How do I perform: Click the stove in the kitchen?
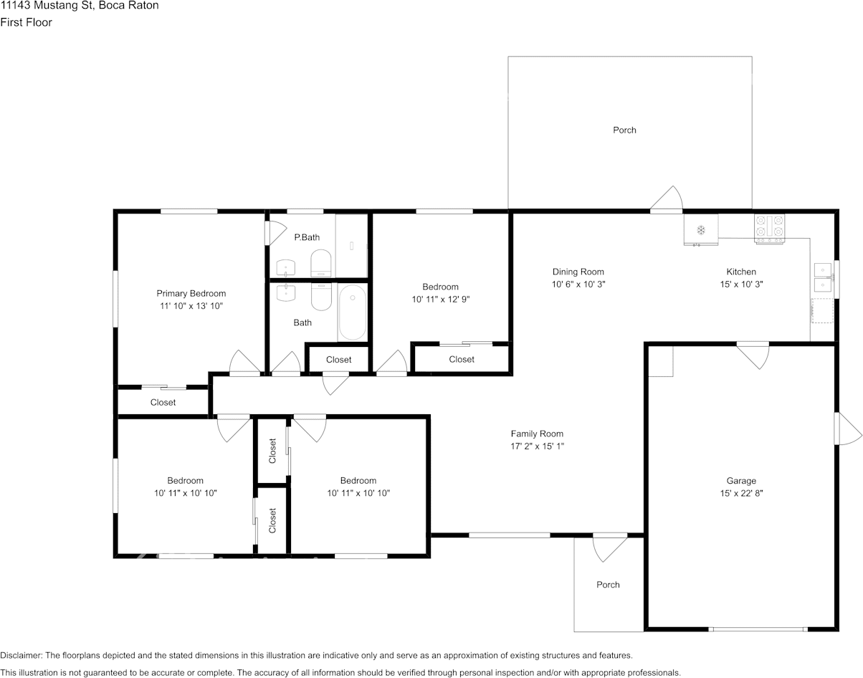770,229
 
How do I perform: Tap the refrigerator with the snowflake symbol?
701,230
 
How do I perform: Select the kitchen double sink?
823,277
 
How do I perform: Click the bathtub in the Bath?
352,312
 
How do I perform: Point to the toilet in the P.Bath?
321,263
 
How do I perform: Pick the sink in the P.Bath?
286,268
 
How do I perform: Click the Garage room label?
741,481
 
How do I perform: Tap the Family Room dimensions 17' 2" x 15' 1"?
538,447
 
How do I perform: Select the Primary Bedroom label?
191,293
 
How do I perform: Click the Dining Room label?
578,272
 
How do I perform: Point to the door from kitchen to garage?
753,355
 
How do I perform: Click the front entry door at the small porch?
610,548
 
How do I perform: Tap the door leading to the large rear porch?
667,199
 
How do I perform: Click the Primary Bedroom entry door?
245,363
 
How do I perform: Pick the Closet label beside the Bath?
339,360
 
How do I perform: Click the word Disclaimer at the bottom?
21,655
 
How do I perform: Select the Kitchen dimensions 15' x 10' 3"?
741,285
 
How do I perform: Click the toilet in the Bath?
321,296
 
